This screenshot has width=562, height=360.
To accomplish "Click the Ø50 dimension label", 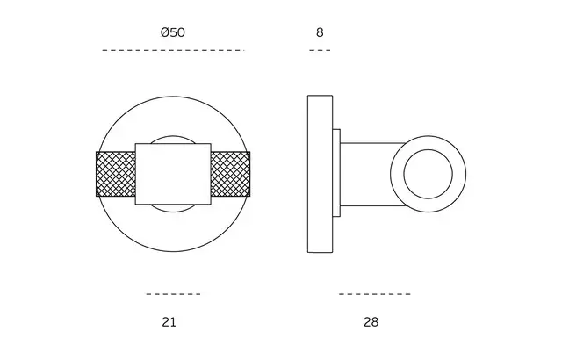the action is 173,32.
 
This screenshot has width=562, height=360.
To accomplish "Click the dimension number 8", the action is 320,32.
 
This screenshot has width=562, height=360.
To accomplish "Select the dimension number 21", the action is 169,322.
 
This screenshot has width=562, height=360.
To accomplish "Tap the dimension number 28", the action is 371,322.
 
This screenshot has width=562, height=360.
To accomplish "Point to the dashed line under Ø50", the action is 173,51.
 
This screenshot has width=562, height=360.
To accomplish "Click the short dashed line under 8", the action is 320,51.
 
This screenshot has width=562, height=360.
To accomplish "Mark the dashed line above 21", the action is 173,294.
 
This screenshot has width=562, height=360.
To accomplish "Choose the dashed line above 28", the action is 375,294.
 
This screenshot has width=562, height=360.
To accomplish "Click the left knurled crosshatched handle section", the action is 116,174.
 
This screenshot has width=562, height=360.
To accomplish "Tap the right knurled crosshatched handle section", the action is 230,174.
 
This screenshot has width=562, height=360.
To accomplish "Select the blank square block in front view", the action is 173,174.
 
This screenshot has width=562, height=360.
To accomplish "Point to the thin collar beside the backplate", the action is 336,173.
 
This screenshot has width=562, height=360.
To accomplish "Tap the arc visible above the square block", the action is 173,136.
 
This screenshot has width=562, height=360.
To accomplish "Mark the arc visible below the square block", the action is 173,212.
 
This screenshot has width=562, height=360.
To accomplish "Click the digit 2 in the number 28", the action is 367,322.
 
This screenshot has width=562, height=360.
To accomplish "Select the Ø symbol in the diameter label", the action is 165,32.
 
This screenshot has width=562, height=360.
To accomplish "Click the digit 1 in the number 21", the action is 173,322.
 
